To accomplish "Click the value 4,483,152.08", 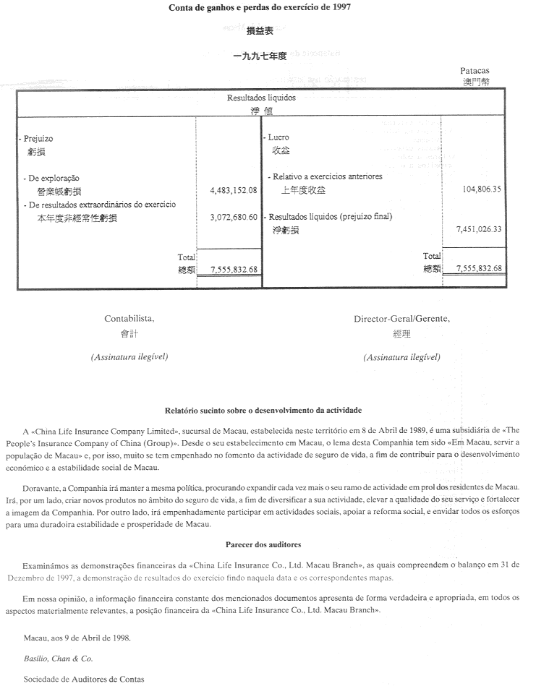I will click(233, 190).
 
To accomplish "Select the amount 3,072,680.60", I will click(233, 217).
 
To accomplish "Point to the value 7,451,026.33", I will click(480, 229).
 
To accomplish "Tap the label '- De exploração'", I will click(50, 178).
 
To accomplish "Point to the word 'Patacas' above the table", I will click(475, 71).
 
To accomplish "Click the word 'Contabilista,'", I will click(129, 319).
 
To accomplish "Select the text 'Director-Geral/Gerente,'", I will click(401, 319).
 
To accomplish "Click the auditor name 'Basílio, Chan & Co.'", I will click(58, 659).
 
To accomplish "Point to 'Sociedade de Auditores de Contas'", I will click(84, 680).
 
